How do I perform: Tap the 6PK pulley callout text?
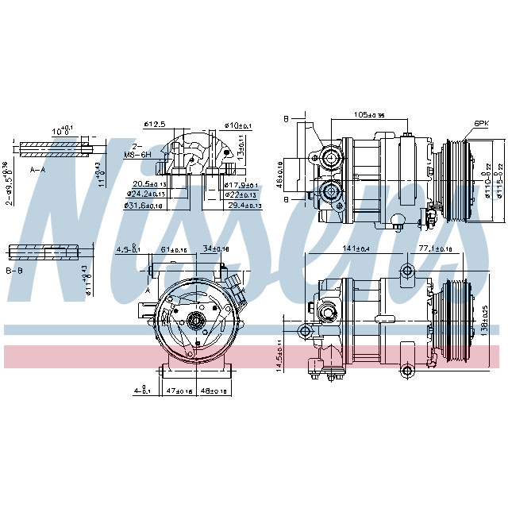coord(481,124)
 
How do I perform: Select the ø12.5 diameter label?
coord(154,125)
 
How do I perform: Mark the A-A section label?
coord(37,170)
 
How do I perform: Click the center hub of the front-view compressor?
coord(194,321)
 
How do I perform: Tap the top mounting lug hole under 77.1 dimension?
coord(407,271)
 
